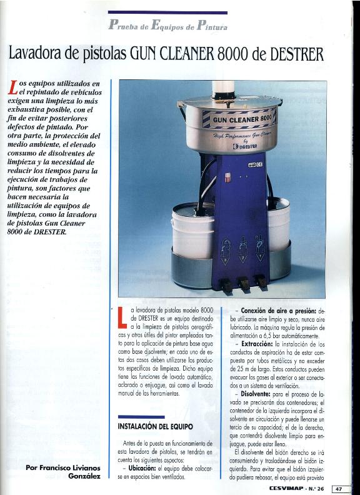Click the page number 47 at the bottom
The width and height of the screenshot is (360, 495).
(x=339, y=489)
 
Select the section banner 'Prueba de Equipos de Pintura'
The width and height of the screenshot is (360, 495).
(x=167, y=26)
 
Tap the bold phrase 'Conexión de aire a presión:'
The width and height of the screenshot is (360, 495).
(x=275, y=310)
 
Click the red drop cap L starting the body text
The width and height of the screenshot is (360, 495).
(x=122, y=318)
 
